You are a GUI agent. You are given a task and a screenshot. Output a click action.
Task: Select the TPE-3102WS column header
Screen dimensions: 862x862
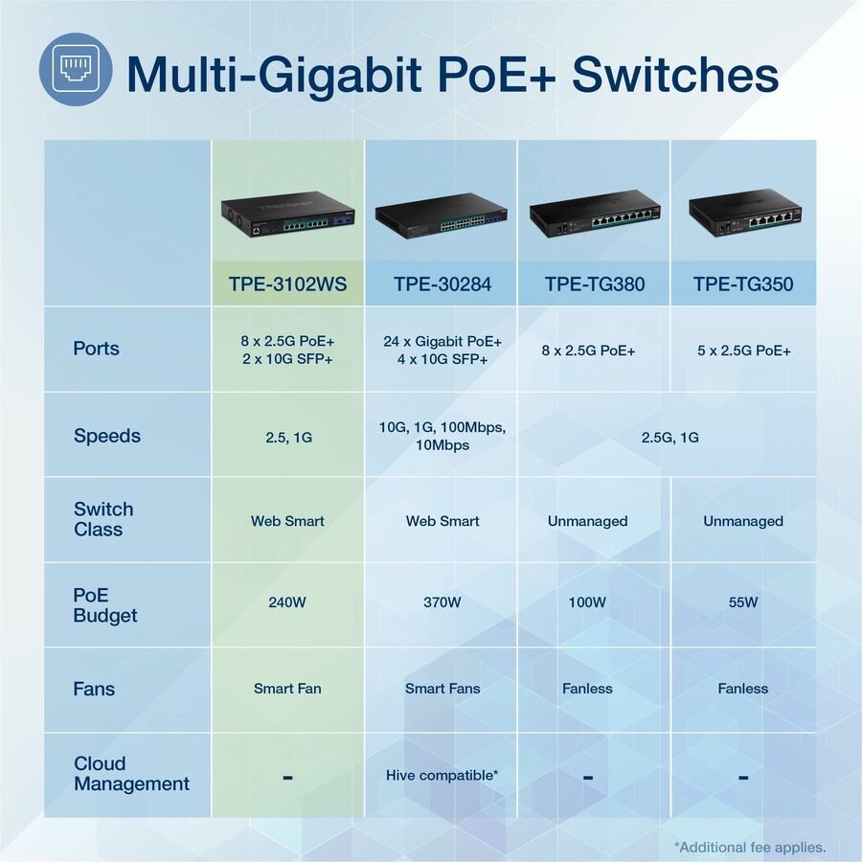point(288,284)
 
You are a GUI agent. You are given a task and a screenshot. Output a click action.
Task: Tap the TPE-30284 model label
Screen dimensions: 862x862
point(442,284)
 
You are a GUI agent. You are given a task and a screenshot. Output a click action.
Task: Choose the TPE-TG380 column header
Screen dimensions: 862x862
point(595,284)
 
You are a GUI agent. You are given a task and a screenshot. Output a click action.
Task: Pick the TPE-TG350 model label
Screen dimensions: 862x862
point(743,284)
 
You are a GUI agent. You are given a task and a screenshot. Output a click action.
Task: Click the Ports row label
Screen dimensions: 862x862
point(96,348)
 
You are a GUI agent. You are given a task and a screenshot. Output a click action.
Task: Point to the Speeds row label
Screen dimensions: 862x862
point(106,436)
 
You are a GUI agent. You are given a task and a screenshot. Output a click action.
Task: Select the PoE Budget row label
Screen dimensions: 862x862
point(104,605)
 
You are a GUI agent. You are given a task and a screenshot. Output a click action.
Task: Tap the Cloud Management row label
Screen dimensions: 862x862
point(131,774)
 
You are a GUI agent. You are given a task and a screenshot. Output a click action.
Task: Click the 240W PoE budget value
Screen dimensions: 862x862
point(287,602)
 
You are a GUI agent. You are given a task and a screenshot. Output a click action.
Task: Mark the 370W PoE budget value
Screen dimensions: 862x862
point(442,602)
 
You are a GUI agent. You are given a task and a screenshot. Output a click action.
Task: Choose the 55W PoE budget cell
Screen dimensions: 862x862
point(743,602)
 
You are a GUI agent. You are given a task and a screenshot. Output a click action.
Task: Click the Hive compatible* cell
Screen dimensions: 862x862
point(442,774)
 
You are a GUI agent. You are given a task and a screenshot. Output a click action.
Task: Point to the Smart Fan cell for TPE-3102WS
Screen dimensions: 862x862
point(287,688)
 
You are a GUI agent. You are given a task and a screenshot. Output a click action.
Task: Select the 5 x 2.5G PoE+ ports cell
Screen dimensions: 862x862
point(743,351)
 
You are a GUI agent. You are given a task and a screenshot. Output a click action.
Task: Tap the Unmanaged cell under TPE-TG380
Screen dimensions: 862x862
point(587,521)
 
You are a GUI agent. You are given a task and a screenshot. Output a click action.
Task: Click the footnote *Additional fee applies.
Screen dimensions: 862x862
point(749,847)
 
